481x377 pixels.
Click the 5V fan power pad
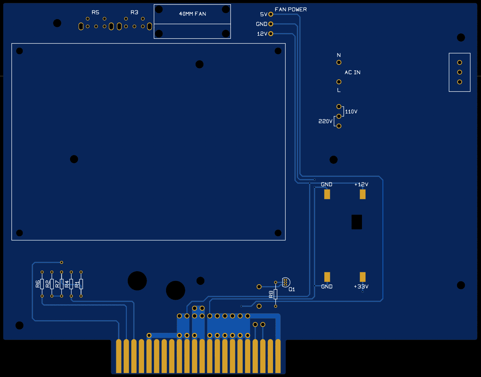coord(271,14)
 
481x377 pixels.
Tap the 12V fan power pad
coord(271,34)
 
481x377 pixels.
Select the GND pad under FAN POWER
coord(271,24)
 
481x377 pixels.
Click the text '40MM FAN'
coord(192,14)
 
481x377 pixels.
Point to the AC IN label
coord(352,72)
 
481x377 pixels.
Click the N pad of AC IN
coord(339,62)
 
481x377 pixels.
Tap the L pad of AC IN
coord(339,82)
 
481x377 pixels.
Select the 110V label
coord(351,112)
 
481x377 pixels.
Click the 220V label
coord(325,121)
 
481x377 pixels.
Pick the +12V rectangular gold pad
coord(363,194)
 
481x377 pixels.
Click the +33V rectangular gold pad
coord(363,277)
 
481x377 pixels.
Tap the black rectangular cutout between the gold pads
coord(356,222)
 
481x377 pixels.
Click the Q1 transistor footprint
coord(285,282)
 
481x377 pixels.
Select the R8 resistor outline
coord(275,294)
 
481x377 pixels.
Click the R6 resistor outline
coord(42,284)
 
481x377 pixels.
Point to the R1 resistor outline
coord(81,284)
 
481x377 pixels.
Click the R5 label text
coord(95,12)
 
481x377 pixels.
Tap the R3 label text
coord(134,12)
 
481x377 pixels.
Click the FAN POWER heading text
coord(291,9)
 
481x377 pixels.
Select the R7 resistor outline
coord(62,284)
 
